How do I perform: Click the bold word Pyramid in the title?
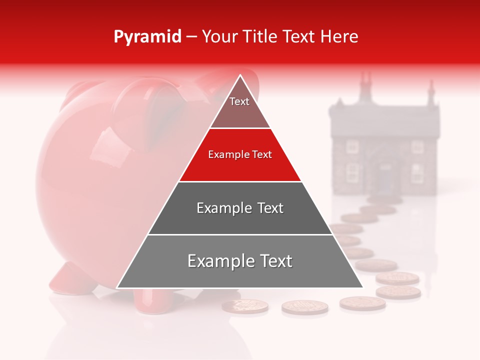147,36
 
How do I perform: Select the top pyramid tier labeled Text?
239,104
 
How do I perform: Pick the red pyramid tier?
240,155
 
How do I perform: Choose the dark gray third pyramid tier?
240,208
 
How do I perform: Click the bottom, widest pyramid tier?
240,261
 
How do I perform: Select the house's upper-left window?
353,146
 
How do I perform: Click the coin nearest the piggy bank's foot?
245,306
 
